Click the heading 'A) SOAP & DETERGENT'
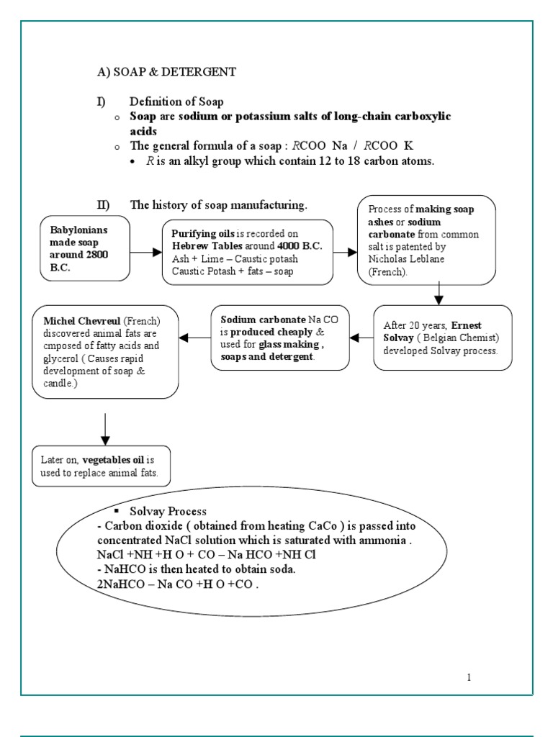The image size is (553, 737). (166, 72)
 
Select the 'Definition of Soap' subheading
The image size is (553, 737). (176, 102)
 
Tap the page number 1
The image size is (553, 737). (469, 677)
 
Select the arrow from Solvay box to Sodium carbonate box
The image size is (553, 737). (361, 337)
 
